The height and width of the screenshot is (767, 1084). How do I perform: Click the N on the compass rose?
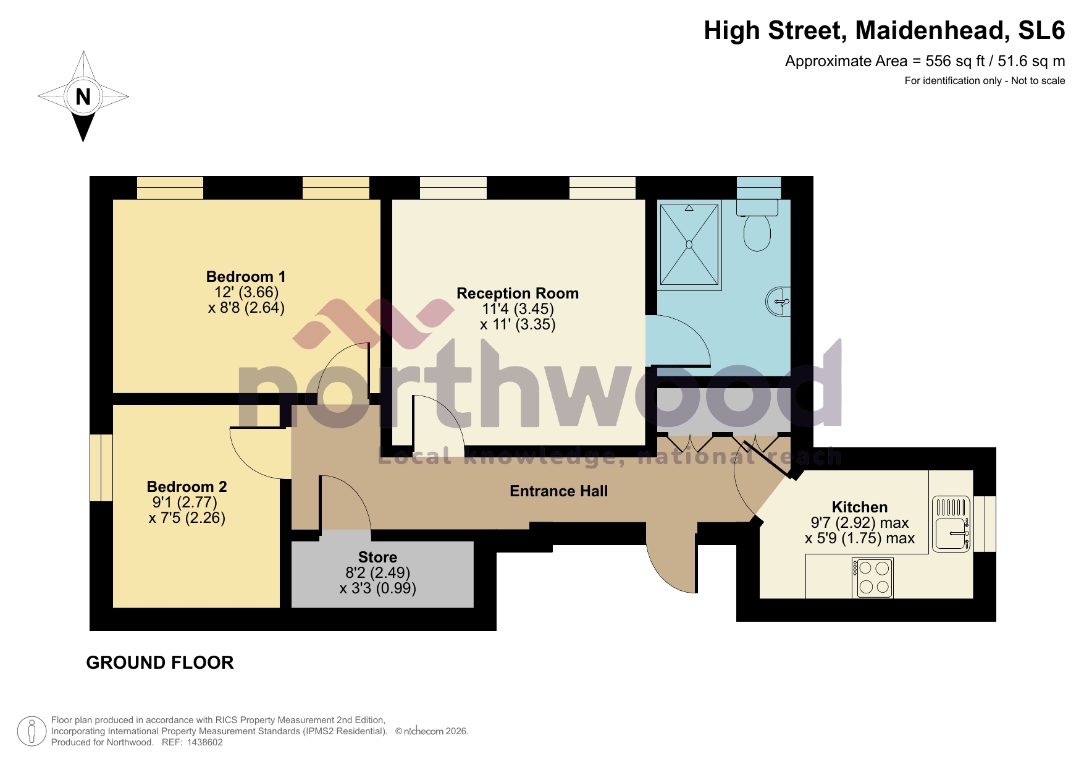coord(83,97)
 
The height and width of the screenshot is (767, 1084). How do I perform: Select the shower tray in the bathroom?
coord(689,245)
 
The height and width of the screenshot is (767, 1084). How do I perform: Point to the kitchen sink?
coord(951,524)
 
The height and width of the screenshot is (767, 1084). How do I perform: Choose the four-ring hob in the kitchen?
coord(873,578)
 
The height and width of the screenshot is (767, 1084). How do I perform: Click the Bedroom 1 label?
coord(246,276)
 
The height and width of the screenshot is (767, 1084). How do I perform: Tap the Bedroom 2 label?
coord(187,486)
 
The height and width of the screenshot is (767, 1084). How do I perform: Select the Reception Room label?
coord(518,293)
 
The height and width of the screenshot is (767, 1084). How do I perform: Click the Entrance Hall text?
coord(558,491)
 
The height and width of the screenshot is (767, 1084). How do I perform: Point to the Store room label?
coord(377,557)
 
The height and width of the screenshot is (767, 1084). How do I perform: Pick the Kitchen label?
coord(859,507)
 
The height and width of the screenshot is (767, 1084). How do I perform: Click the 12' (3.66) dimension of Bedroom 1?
coord(246,292)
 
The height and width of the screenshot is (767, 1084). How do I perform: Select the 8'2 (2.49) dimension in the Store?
coord(377,573)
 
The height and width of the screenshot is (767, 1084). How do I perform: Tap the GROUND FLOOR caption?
coord(160,663)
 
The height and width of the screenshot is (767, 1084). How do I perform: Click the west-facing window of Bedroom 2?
coord(101,467)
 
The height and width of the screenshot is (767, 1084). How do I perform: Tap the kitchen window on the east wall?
coord(985,523)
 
